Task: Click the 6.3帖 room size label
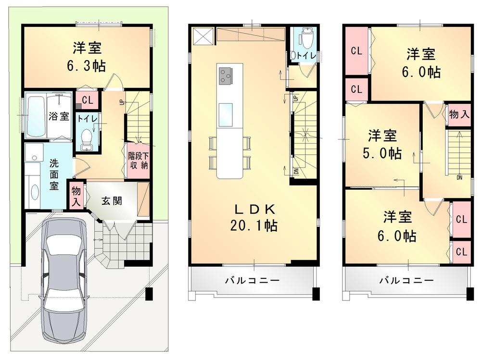[87, 57]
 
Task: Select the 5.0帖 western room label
[382, 144]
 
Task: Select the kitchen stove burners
[225, 75]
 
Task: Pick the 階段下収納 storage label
[138, 161]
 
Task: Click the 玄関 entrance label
[111, 200]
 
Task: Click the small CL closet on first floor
[88, 100]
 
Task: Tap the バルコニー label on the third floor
[406, 280]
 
